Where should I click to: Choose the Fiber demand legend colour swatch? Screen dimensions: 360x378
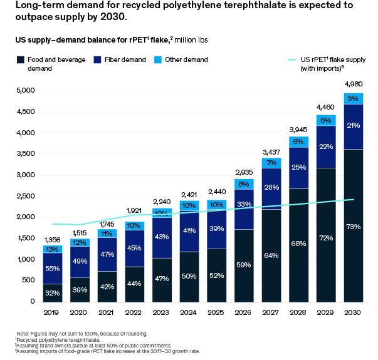(97, 60)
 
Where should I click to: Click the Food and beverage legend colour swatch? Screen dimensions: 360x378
(21, 60)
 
